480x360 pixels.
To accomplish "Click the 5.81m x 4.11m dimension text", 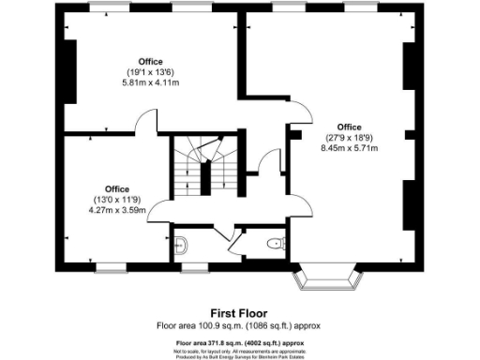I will tap(150, 83).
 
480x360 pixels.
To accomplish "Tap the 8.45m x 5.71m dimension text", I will tap(349, 146).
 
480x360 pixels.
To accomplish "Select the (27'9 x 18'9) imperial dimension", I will tap(349, 137).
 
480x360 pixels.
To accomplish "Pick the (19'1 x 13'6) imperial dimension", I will tap(150, 73).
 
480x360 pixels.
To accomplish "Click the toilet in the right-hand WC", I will tap(275, 245).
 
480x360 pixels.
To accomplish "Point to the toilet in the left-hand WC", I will tap(183, 247).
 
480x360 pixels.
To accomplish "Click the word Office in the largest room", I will tap(349, 127).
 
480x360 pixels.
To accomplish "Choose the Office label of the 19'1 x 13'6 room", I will tap(150, 62).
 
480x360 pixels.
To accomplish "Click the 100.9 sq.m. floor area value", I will tap(217, 325).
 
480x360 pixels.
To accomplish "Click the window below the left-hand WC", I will tap(193, 270).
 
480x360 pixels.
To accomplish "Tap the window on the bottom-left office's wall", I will tap(111, 270).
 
